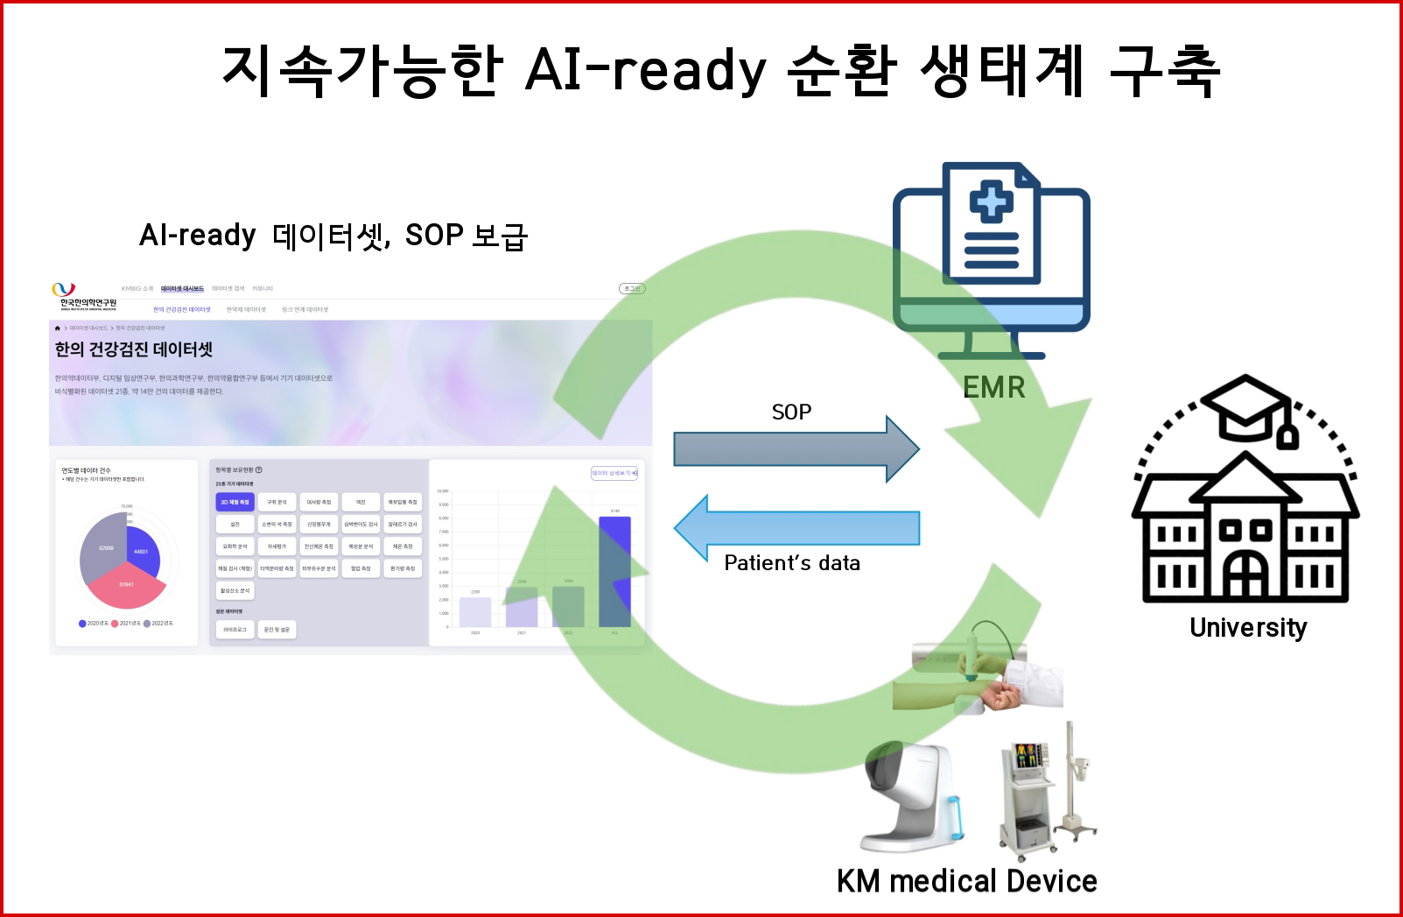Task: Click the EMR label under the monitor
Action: (x=993, y=387)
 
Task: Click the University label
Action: (x=1248, y=627)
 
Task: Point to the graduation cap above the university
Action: (x=1246, y=407)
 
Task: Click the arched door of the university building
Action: (x=1245, y=574)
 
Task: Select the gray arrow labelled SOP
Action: (x=795, y=449)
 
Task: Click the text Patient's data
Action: (x=792, y=563)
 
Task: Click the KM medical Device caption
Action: (x=966, y=881)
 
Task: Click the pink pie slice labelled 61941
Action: (x=125, y=587)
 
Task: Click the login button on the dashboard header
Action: (x=632, y=288)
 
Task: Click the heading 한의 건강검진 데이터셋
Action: (x=134, y=349)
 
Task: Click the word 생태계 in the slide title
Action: (x=1001, y=70)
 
